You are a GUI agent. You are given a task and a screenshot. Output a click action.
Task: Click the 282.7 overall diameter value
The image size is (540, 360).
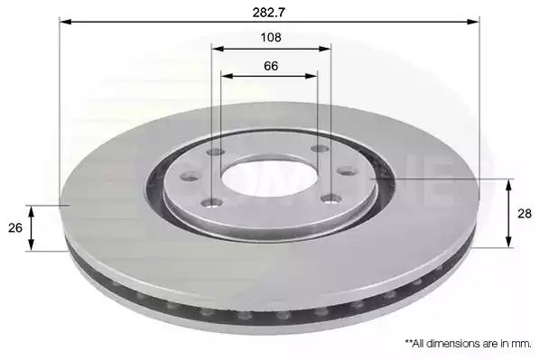click(269, 13)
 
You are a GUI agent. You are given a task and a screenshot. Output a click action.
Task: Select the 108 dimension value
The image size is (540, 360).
click(271, 37)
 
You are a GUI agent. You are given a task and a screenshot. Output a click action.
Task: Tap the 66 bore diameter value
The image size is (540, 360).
click(271, 66)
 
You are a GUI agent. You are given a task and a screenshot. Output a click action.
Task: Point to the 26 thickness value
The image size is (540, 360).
click(14, 227)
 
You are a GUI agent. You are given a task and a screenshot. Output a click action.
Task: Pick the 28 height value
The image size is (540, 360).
click(525, 214)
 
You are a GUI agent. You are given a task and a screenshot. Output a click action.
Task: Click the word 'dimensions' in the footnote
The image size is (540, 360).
click(447, 343)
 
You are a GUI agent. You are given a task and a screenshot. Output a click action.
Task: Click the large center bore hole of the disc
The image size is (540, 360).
click(269, 178)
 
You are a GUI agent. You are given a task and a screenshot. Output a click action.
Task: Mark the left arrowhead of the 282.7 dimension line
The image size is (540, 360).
click(65, 22)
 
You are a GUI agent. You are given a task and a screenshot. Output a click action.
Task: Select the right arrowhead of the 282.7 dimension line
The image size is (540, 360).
click(474, 22)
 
